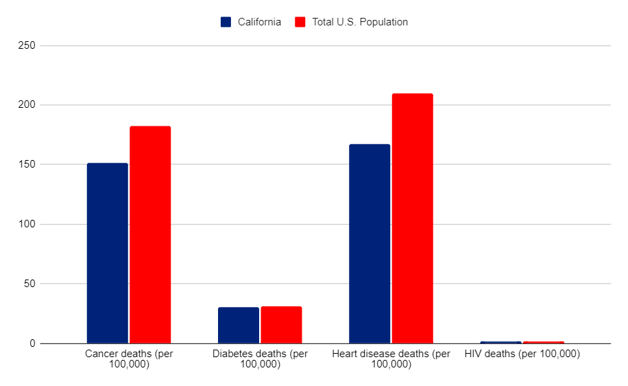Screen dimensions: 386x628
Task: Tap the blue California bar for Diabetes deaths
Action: click(239, 326)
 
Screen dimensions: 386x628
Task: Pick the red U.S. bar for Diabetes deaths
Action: click(281, 325)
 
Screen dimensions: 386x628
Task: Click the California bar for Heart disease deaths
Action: click(370, 244)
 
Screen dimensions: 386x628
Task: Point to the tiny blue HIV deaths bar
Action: click(500, 342)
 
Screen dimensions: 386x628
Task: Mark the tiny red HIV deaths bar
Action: click(543, 342)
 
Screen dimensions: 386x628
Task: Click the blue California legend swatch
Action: click(226, 22)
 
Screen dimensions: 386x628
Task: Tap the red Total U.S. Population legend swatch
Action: click(300, 22)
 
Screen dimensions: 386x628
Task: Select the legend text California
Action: click(259, 22)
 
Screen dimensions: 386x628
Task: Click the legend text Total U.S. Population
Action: click(360, 22)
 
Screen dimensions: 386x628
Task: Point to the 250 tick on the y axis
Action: click(28, 46)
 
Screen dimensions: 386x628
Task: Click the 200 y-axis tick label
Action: click(28, 105)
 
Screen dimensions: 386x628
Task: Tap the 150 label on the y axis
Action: click(28, 165)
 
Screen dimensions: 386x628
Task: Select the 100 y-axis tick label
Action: click(28, 225)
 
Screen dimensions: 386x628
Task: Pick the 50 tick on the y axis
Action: click(31, 284)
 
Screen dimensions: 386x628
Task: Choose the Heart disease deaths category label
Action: click(391, 359)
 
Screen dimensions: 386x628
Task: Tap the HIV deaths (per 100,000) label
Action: click(522, 354)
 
